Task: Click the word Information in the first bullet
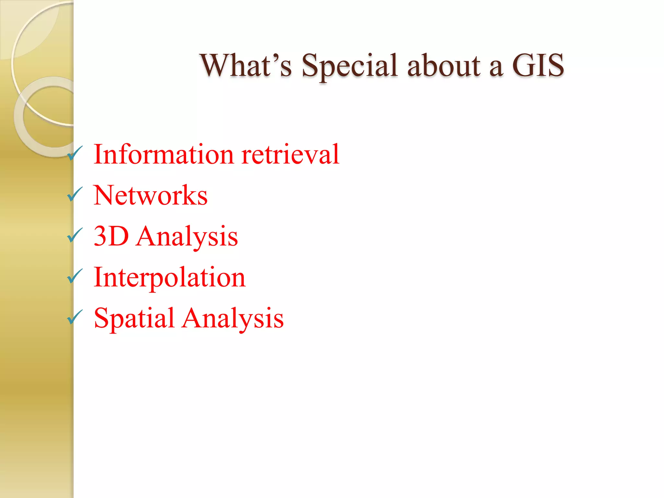[163, 154]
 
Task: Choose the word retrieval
[290, 154]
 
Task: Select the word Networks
[150, 195]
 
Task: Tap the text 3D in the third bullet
[111, 236]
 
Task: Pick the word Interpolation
[169, 278]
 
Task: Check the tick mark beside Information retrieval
[75, 153]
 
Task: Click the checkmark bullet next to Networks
[75, 194]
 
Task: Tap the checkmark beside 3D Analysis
[75, 235]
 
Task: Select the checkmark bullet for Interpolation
[75, 276]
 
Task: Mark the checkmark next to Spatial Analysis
[75, 317]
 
